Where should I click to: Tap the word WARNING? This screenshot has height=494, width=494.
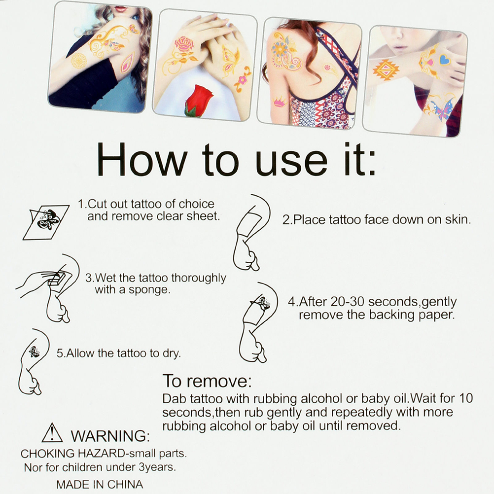(110, 436)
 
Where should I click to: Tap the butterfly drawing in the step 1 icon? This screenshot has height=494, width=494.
(47, 219)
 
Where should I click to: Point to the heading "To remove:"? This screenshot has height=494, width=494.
(207, 381)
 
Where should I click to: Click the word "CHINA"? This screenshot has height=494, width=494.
(125, 484)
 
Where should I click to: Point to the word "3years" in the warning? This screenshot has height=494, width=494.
(157, 467)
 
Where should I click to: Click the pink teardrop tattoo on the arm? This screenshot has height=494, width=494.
(127, 63)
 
